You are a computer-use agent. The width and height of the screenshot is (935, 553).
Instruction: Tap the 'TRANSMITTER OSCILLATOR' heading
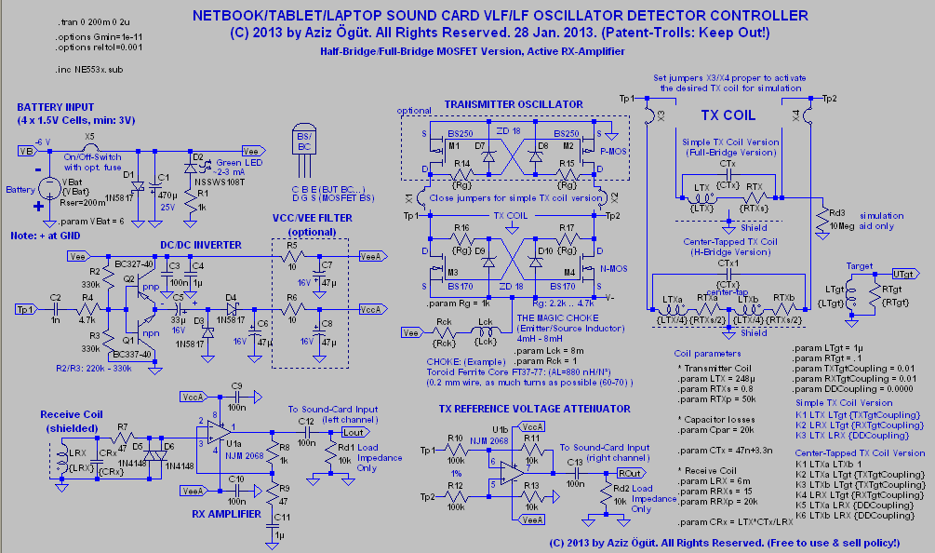click(514, 104)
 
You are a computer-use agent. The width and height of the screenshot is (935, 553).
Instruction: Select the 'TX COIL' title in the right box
click(728, 115)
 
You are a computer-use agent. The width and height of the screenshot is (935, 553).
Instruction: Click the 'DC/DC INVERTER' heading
click(201, 245)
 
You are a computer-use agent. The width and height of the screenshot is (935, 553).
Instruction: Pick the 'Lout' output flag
click(354, 433)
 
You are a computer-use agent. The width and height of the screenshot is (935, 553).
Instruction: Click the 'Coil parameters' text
click(709, 353)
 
